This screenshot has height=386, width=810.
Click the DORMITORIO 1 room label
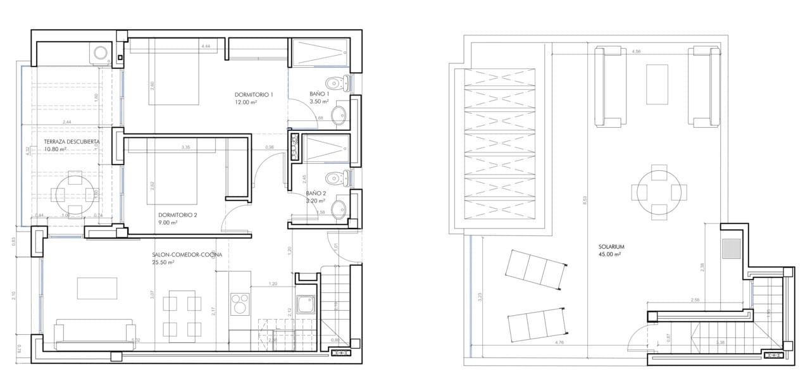coord(253,95)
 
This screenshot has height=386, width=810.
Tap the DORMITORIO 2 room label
coord(177,215)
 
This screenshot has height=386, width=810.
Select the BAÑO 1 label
coord(319,94)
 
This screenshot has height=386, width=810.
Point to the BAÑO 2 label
coord(316,193)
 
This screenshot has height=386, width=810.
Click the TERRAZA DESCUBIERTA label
coord(72,142)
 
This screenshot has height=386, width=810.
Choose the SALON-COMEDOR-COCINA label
coord(187,255)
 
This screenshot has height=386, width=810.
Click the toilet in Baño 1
coord(336,82)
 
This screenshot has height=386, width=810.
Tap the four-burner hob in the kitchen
coord(240,303)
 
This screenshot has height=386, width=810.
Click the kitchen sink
coord(306,305)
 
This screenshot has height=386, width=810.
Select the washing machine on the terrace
coord(101,53)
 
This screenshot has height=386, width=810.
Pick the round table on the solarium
coord(659,190)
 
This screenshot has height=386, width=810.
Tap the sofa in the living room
coord(95,335)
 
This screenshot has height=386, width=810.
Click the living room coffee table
coord(97,289)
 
